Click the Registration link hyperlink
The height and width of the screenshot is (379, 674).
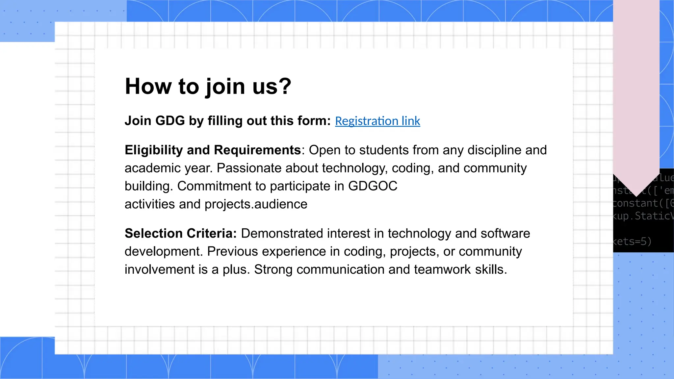tap(377, 121)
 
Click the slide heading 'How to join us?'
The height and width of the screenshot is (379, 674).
tap(208, 86)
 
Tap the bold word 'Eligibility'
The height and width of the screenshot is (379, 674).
tap(153, 150)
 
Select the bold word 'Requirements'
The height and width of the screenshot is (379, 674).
tap(257, 150)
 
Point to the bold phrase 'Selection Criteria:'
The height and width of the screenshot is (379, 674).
tap(181, 233)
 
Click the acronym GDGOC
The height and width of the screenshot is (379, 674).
tap(373, 186)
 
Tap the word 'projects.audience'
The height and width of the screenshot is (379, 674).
tap(256, 204)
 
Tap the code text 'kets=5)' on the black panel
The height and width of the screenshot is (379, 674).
tap(632, 241)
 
